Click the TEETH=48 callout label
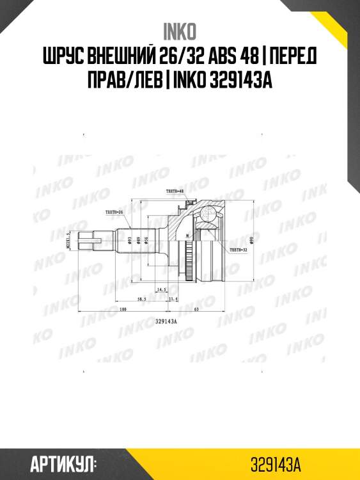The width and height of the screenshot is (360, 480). pos(175,192)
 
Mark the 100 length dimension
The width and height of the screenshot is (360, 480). pos(121,310)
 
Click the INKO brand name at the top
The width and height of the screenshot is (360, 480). pos(180,31)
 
